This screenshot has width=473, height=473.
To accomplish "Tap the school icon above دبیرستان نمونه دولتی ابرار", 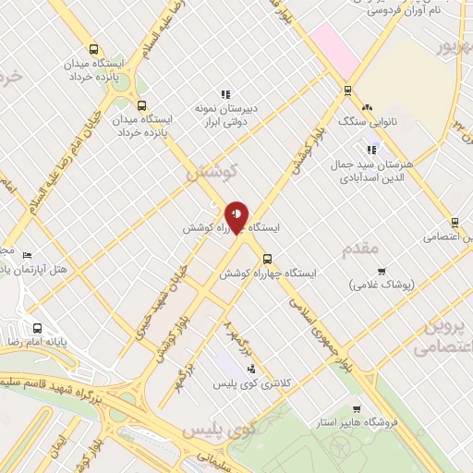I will click(x=224, y=94).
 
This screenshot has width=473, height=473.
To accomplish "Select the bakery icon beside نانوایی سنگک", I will click(x=367, y=108).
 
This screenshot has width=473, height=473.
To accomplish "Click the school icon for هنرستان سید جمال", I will click(x=372, y=150).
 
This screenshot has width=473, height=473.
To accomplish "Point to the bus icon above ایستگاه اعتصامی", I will click(x=455, y=222).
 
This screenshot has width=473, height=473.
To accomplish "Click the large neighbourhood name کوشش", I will click(x=212, y=173).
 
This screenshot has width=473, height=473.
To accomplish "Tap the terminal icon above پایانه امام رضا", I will click(x=37, y=327).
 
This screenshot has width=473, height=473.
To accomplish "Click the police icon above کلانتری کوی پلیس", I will click(x=250, y=369).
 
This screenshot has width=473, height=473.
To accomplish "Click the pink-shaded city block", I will click(x=335, y=51).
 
